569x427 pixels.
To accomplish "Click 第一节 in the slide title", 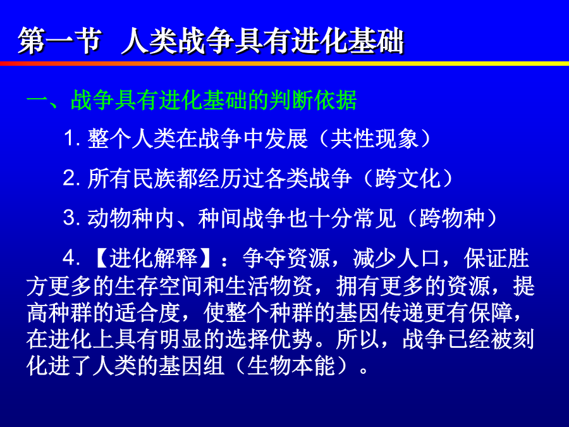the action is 60,40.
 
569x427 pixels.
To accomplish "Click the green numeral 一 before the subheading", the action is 37,100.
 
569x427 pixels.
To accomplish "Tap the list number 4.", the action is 69,258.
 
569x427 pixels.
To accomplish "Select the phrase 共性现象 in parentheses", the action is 374,139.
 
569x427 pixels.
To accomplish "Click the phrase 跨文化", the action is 408,178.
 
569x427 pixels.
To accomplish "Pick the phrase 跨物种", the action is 452,218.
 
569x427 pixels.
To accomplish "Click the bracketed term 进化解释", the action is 153,258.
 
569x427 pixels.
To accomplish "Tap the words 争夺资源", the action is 286,258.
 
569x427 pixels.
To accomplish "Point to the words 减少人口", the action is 396,258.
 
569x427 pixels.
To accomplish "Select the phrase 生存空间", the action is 158,286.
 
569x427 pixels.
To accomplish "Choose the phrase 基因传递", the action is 379,313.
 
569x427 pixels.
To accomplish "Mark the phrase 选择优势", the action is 269,340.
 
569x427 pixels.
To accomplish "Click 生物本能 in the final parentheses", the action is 291,366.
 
